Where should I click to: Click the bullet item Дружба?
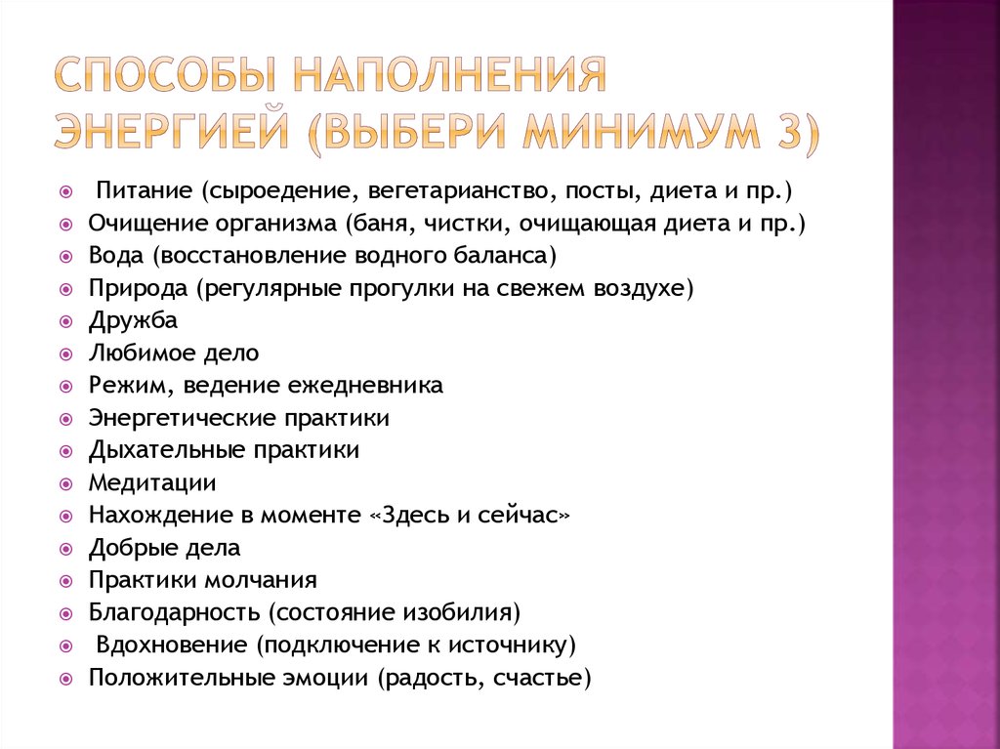(x=133, y=320)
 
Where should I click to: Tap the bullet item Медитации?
(x=152, y=482)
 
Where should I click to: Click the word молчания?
(x=261, y=579)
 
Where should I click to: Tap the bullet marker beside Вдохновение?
(x=64, y=645)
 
